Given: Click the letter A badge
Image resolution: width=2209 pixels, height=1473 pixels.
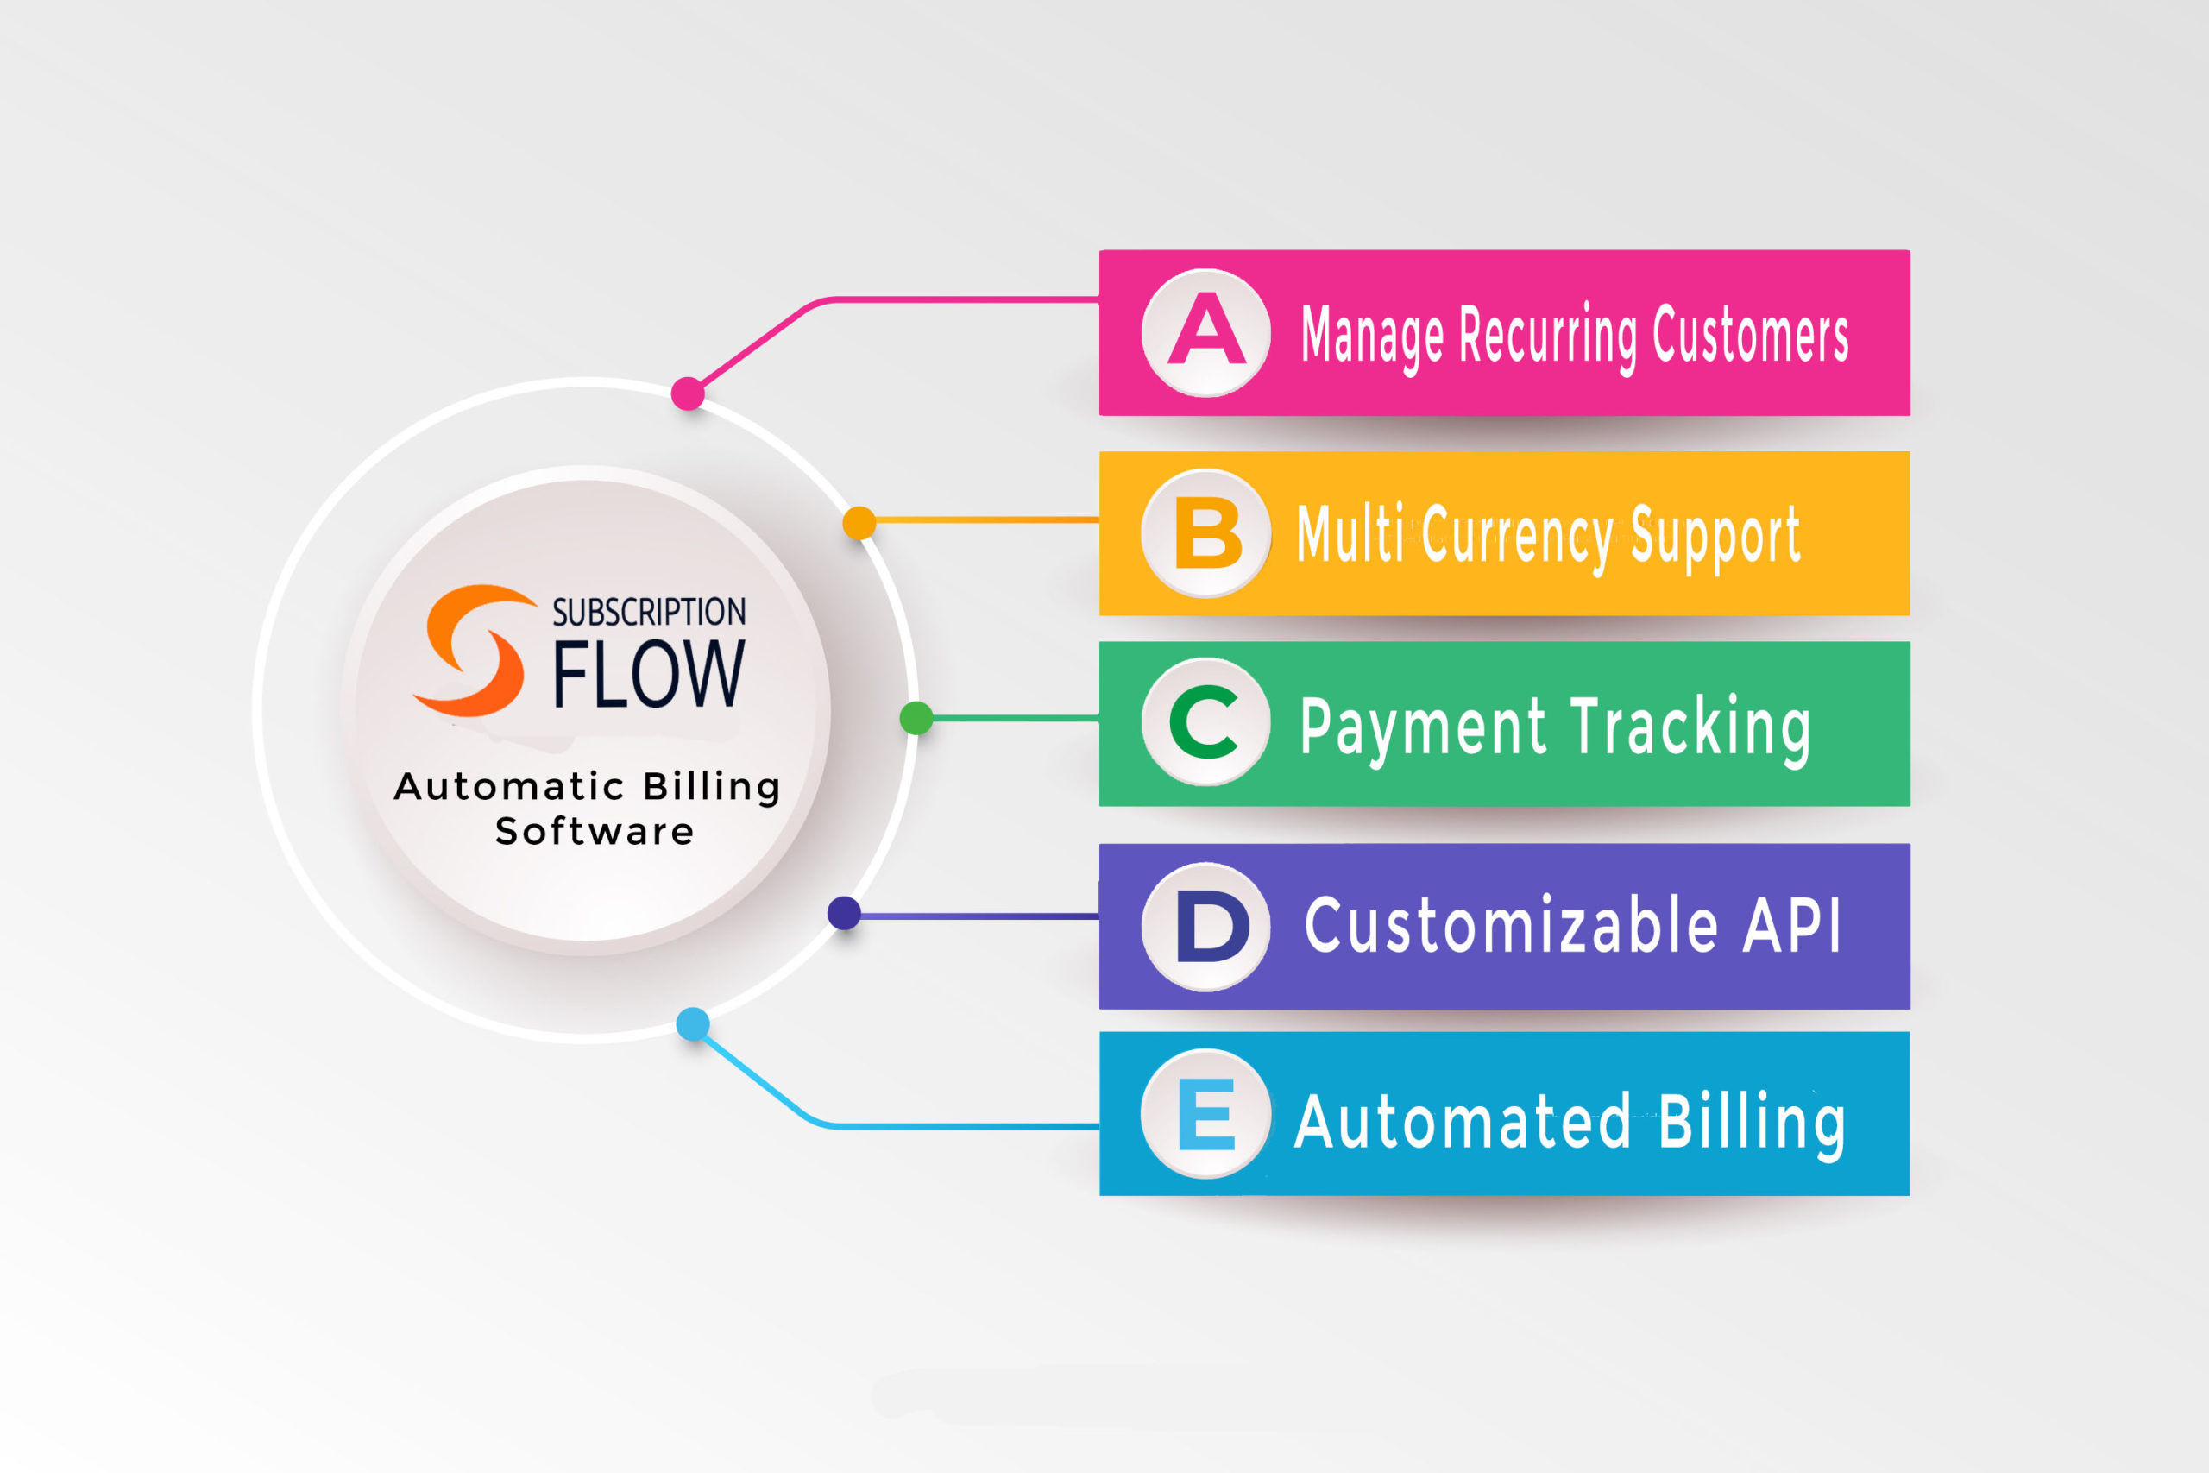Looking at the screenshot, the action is point(1206,332).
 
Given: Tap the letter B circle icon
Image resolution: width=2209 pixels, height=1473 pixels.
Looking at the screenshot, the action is point(1206,532).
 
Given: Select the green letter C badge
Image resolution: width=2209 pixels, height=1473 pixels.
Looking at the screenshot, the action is point(1206,721).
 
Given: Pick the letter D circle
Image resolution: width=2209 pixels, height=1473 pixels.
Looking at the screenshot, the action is point(1206,926).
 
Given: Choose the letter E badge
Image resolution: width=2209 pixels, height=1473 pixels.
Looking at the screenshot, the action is point(1206,1113).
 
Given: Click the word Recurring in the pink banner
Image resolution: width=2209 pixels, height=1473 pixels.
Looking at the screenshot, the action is point(1548,337).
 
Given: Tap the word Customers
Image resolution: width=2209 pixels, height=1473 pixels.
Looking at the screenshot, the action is point(1751,333).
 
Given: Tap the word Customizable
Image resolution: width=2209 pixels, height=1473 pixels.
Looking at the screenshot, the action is point(1512,924).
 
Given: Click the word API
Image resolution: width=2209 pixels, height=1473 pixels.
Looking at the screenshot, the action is point(1792,926).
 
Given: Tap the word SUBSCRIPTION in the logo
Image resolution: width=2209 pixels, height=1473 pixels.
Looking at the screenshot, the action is point(649,612).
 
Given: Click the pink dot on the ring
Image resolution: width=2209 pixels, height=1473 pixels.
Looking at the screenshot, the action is point(689,393).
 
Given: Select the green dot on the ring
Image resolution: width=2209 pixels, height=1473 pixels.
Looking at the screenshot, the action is point(916,719).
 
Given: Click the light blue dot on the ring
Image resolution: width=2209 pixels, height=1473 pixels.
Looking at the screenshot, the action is point(693,1024).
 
